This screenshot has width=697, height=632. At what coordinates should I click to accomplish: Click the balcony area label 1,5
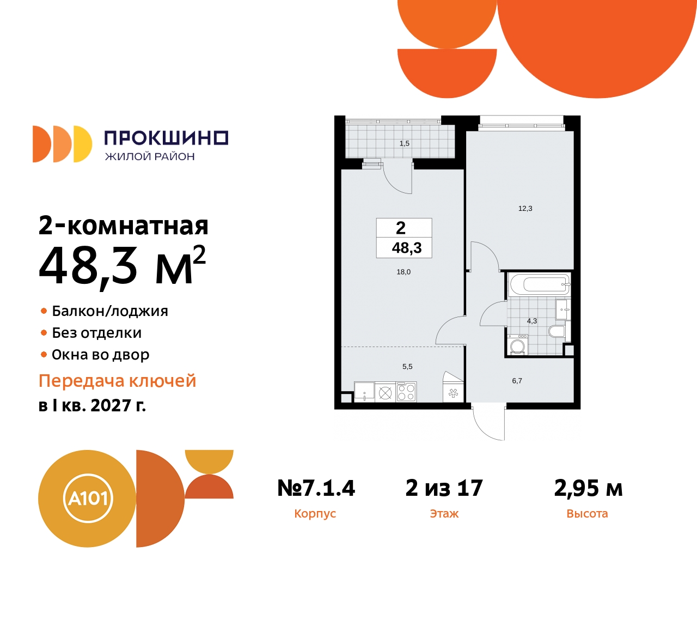404,144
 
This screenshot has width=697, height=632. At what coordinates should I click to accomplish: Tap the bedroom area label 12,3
525,209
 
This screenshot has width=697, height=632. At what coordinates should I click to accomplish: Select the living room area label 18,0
403,272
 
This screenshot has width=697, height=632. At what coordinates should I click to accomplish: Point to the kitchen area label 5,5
407,367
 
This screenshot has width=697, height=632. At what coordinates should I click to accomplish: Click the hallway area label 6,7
517,381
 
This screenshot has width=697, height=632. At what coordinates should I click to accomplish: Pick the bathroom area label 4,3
532,321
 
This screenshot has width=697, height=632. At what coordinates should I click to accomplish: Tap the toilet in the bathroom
557,331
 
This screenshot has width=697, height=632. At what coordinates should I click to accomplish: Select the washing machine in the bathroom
517,345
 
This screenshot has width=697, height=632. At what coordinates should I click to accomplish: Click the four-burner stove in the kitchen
406,392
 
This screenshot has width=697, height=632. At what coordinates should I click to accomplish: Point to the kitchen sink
364,392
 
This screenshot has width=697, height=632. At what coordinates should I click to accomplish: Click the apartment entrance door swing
488,423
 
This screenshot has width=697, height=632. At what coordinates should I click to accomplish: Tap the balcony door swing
398,178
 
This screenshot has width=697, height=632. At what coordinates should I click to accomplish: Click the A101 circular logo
87,498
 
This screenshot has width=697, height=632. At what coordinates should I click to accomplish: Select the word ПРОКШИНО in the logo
166,138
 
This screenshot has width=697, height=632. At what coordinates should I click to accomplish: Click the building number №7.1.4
316,488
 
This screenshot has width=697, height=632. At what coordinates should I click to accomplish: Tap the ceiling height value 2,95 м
588,488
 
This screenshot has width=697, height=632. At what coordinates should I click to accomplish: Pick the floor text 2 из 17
444,488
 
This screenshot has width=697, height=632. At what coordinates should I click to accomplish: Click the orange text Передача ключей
117,381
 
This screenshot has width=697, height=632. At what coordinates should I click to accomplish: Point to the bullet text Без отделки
96,333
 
